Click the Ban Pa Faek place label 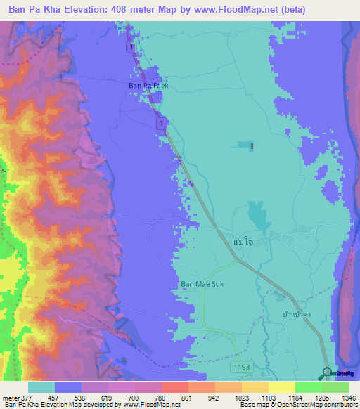point(148,86)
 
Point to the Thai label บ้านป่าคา point(297,315)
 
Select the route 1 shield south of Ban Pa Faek point(162,124)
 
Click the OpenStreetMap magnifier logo point(327,372)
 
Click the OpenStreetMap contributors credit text point(321,405)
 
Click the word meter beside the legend point(11,397)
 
